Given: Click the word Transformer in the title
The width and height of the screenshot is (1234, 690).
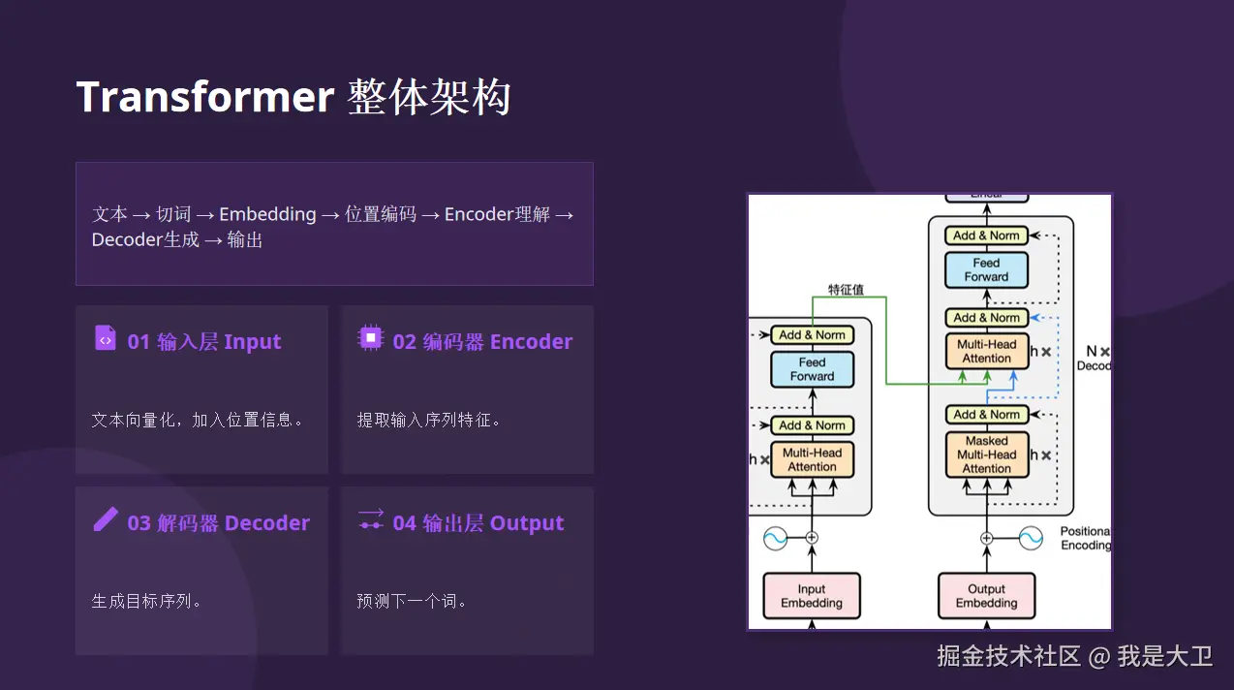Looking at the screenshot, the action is (x=205, y=97).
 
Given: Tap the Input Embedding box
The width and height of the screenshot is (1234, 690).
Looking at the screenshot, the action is (x=812, y=596).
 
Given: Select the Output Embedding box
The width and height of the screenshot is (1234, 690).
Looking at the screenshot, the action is (x=986, y=596).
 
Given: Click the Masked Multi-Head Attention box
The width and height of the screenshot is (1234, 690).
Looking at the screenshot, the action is (x=987, y=455).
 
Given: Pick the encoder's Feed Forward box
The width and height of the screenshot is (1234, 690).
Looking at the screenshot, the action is (x=812, y=369).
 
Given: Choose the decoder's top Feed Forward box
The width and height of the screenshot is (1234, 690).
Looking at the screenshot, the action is (x=986, y=270).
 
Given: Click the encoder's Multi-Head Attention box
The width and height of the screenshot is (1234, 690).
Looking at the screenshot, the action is (x=812, y=459).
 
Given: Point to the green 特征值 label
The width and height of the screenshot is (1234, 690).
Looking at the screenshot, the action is (x=846, y=290).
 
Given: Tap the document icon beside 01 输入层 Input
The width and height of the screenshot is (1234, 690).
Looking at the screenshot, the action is (x=106, y=338).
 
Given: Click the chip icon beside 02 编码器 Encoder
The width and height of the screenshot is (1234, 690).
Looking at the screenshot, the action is (x=371, y=338).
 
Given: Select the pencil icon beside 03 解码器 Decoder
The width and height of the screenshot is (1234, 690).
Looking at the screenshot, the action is (x=106, y=519).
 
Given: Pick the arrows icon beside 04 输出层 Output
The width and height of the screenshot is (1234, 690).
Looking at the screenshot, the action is (x=371, y=519).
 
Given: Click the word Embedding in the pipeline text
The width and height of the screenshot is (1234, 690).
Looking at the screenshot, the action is (x=267, y=214).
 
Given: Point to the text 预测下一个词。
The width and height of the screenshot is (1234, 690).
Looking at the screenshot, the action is (x=412, y=601).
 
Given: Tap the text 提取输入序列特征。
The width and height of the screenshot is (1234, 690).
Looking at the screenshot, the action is (x=428, y=420).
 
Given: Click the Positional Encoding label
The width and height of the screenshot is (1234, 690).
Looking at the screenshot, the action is (x=1085, y=538).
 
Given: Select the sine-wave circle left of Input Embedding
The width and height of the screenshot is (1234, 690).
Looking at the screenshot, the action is (x=775, y=538).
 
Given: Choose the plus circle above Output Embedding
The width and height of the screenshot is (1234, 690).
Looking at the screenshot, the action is (x=987, y=538).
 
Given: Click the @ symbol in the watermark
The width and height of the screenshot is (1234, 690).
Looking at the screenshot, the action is (x=1098, y=657).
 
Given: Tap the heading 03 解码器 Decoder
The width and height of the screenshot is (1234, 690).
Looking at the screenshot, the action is (x=218, y=523).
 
